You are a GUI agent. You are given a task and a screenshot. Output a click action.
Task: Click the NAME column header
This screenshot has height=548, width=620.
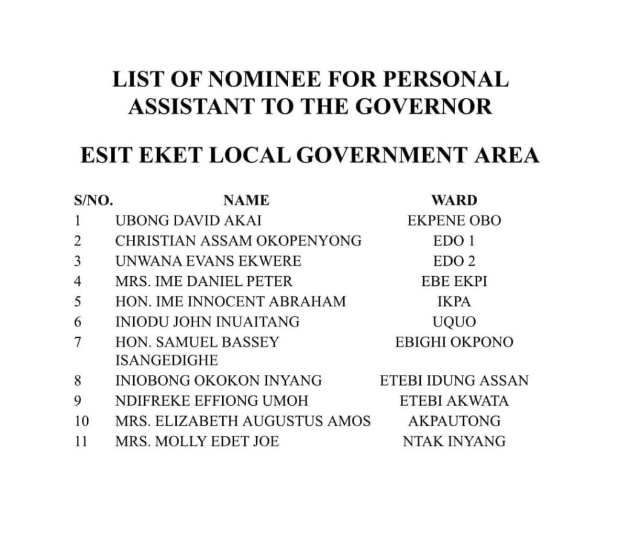[x=246, y=200]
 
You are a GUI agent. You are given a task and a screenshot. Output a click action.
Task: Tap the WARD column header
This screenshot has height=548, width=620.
[x=454, y=200]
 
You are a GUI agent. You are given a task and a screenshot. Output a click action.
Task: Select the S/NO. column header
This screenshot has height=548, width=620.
[x=93, y=200]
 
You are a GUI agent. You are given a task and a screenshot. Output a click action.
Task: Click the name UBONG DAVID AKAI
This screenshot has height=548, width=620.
[x=188, y=220]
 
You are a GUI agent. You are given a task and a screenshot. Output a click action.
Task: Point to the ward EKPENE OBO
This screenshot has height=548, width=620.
[x=454, y=220]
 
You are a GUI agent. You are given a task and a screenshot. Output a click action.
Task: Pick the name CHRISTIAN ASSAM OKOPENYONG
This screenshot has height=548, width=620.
[x=238, y=240]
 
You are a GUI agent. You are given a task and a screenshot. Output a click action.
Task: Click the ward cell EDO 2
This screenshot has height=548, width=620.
[x=454, y=261]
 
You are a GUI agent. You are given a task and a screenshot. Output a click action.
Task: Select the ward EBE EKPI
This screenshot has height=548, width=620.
[x=454, y=281]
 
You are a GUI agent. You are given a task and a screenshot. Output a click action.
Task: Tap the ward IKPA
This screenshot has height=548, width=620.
[x=454, y=301]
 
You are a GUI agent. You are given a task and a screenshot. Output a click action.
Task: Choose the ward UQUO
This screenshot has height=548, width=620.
[x=454, y=321]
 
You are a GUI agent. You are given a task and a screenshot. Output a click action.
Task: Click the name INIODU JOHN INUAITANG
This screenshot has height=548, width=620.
[x=207, y=321]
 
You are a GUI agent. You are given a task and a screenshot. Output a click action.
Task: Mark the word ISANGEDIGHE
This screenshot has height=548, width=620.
[x=167, y=361]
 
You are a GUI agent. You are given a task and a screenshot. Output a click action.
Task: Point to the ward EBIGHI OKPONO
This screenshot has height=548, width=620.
[x=454, y=342]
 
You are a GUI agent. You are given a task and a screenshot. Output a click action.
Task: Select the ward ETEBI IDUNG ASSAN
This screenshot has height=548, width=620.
[x=454, y=381]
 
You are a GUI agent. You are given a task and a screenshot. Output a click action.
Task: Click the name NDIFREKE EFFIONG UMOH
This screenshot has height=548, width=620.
[x=211, y=401]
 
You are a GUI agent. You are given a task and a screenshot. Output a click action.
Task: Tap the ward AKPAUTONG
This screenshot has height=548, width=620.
[x=454, y=421]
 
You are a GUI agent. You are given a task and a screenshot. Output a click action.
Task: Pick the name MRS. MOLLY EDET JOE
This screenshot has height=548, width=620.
[x=197, y=441]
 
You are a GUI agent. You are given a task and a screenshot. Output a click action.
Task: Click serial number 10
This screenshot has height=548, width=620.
[x=81, y=421]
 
